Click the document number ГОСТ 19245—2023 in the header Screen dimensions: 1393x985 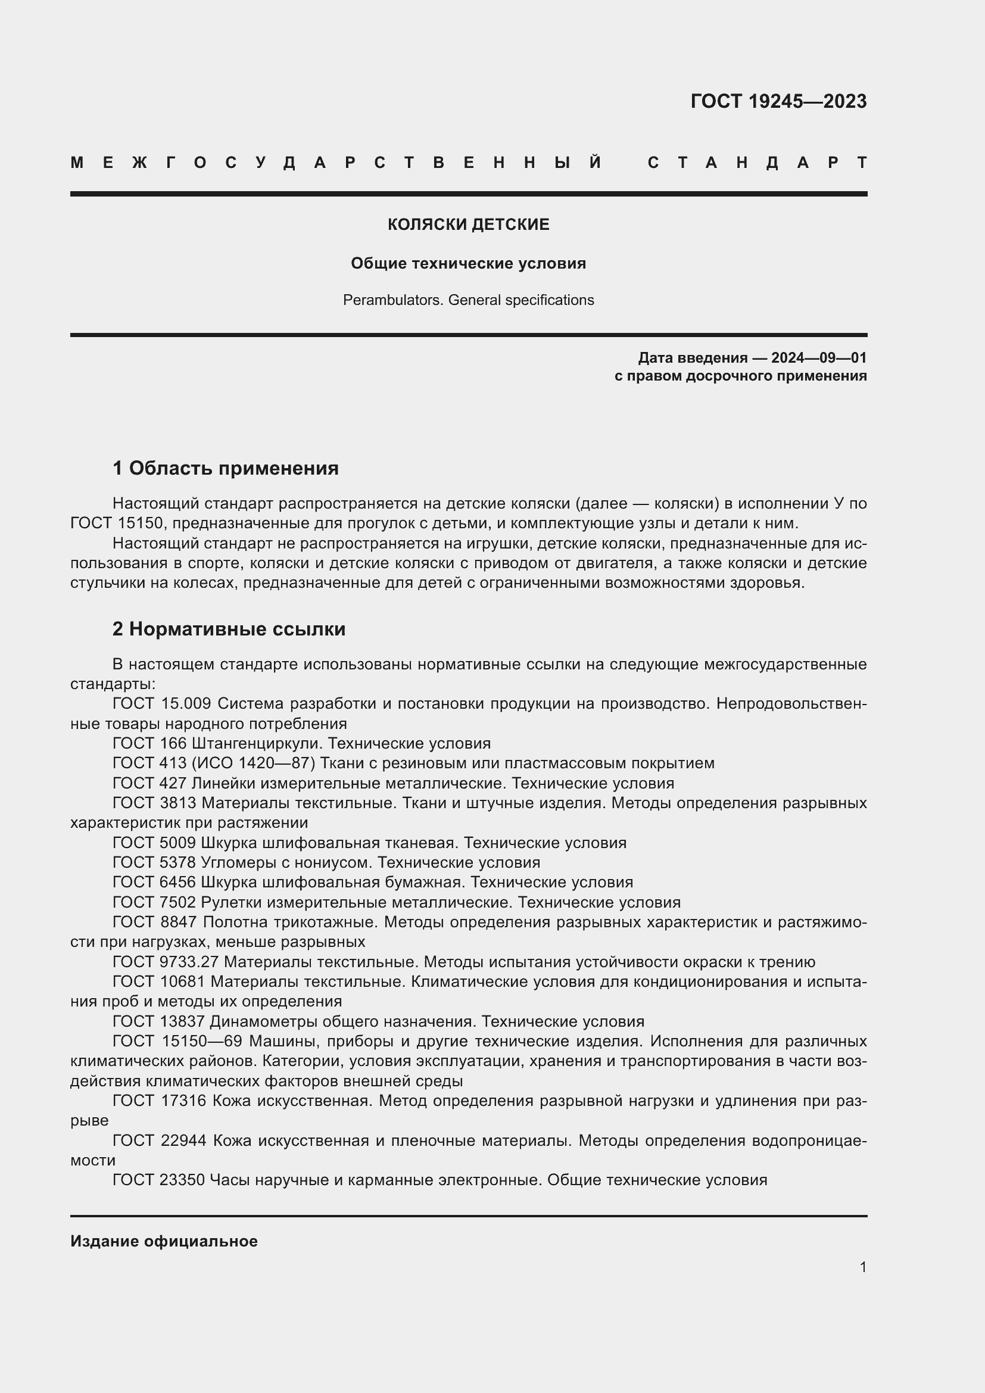pyautogui.click(x=778, y=101)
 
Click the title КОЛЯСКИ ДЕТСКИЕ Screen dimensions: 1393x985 pyautogui.click(x=468, y=225)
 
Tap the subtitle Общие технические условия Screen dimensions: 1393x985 pyautogui.click(x=468, y=263)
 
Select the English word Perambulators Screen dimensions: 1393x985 pyautogui.click(x=393, y=300)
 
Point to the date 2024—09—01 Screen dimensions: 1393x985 pyautogui.click(x=819, y=358)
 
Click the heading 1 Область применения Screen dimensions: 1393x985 pyautogui.click(x=226, y=468)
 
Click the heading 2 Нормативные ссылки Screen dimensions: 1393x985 pyautogui.click(x=229, y=629)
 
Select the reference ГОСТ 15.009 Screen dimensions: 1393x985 pyautogui.click(x=161, y=704)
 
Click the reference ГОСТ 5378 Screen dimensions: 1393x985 pyautogui.click(x=154, y=862)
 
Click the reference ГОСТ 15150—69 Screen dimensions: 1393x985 pyautogui.click(x=177, y=1041)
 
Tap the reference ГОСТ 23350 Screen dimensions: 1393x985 pyautogui.click(x=158, y=1180)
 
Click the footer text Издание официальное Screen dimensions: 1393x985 pyautogui.click(x=164, y=1241)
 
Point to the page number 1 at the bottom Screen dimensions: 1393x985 pyautogui.click(x=862, y=1267)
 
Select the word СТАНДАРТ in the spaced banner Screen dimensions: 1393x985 pyautogui.click(x=757, y=163)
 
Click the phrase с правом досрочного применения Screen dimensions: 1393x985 pyautogui.click(x=740, y=376)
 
